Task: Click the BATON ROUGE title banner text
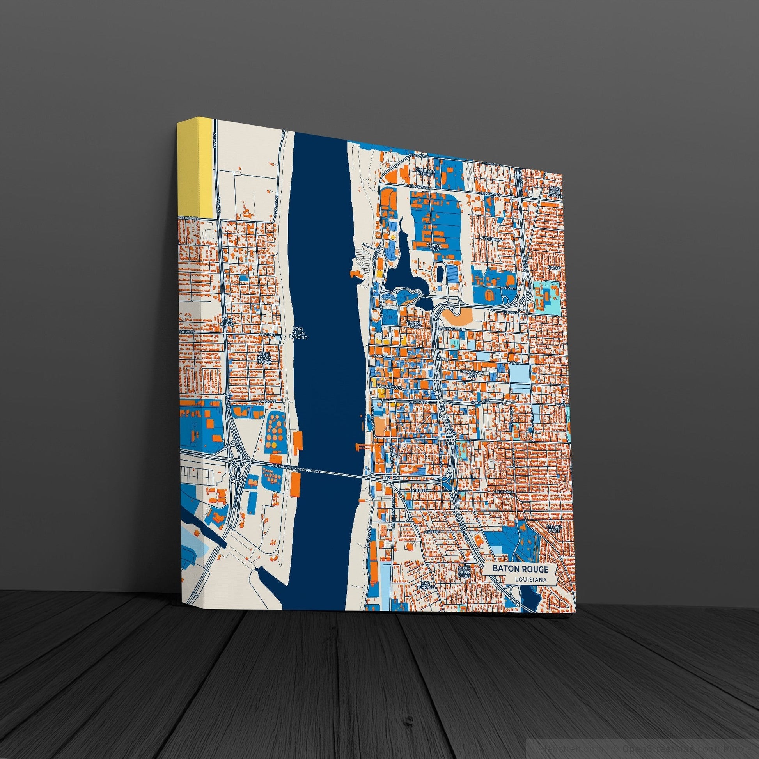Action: click(518, 568)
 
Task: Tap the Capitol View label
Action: click(434, 247)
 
